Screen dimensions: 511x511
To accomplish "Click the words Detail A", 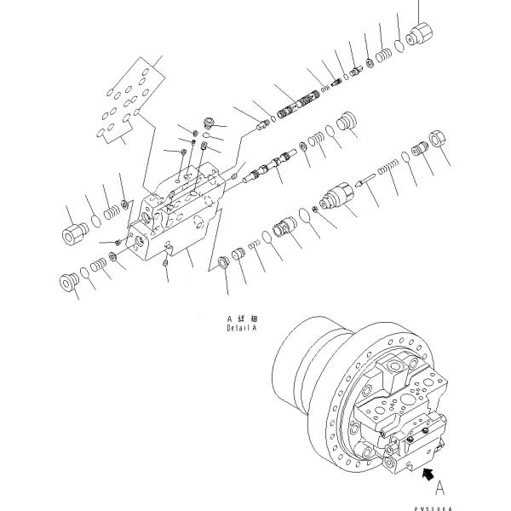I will point(241,327).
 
